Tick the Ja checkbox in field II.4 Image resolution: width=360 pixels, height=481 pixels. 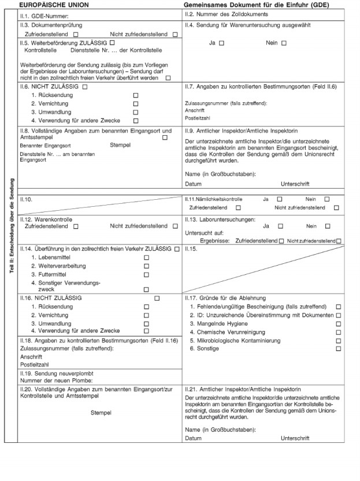[222, 43]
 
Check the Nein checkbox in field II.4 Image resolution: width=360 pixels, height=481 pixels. [283, 43]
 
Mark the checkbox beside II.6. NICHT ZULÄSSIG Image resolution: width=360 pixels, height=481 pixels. [85, 86]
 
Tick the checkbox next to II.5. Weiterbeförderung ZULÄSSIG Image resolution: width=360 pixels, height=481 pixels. [112, 43]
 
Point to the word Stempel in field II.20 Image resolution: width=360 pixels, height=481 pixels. [101, 413]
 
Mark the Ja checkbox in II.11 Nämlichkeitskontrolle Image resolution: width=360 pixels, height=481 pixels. [280, 199]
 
